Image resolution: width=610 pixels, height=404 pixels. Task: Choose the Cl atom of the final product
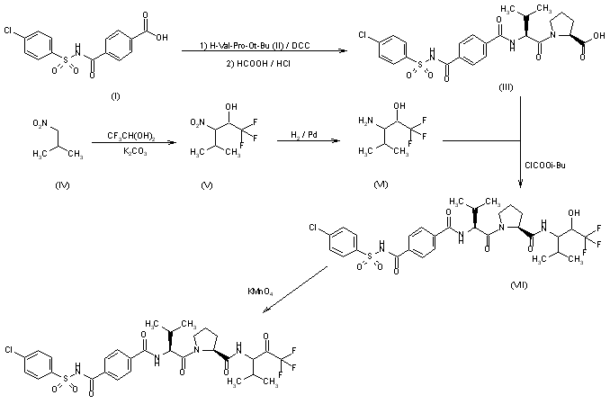9,348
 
